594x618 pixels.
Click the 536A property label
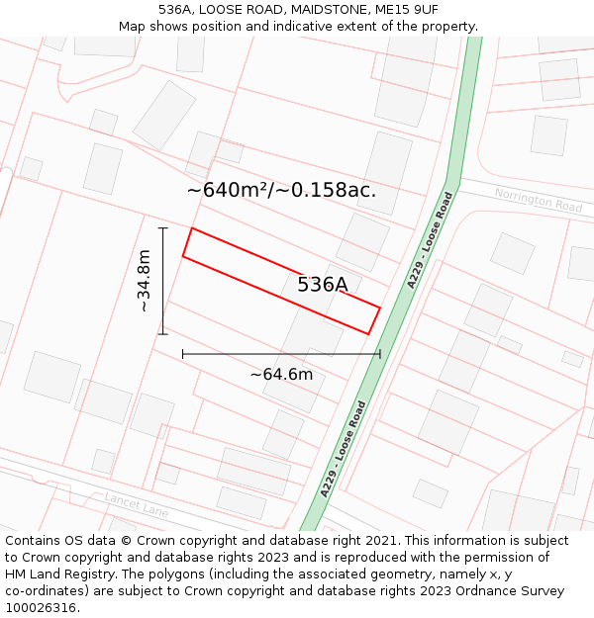323,285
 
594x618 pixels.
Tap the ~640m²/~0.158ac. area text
281,190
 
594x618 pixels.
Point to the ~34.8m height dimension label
144,281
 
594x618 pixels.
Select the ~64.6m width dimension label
281,374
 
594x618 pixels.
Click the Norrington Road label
539,200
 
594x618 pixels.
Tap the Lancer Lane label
136,504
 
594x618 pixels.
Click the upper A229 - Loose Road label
429,240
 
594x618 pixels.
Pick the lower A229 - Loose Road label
344,449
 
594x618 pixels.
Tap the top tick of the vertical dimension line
163,227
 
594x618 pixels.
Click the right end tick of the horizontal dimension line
380,353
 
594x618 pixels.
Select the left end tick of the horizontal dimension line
182,353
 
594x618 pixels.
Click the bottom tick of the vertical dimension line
163,334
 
